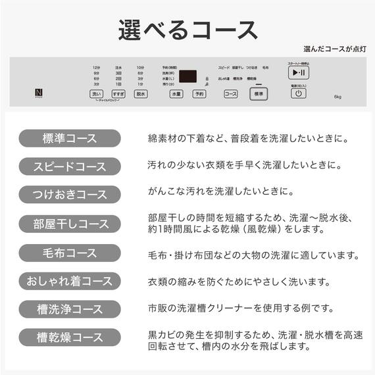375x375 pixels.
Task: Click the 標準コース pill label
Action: pos(69,138)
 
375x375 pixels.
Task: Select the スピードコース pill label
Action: pos(69,166)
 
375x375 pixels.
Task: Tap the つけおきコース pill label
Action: pos(69,195)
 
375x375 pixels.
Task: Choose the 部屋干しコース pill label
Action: pos(69,224)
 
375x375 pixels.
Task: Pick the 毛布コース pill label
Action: pos(69,253)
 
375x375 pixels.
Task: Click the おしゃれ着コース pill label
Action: pos(69,281)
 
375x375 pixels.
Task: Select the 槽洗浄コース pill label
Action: pos(69,309)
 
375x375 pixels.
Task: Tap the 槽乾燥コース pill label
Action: pos(69,337)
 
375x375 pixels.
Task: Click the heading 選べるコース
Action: pos(187,30)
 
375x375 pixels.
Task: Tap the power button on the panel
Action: pos(298,93)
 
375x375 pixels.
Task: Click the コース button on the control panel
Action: pos(230,94)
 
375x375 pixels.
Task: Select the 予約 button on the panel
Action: pos(198,94)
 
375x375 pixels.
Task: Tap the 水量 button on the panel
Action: pos(176,94)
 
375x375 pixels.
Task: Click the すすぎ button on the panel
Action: pos(118,94)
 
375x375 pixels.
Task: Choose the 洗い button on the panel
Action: pos(97,94)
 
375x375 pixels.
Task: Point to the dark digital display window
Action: pos(190,76)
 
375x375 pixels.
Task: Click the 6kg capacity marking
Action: pos(337,97)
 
